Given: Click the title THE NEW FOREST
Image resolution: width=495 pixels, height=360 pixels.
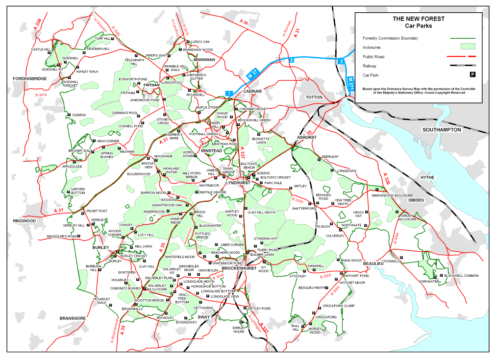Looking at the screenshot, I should click(419, 19).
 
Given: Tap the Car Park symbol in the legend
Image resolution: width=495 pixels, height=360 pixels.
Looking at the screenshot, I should click(472, 75).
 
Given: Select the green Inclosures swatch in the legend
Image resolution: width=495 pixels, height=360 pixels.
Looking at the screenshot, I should click(469, 47).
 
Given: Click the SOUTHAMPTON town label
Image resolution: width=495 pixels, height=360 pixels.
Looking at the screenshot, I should click(442, 130).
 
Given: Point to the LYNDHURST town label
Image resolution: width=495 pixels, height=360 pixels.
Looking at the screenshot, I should click(238, 183).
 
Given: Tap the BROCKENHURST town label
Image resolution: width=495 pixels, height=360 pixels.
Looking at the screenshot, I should click(239, 269).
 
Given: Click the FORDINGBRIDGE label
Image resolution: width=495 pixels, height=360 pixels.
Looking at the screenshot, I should click(30, 78).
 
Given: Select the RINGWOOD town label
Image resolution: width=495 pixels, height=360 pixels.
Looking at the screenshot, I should click(25, 221).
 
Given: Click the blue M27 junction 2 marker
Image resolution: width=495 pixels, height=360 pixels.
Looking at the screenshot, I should click(291, 60).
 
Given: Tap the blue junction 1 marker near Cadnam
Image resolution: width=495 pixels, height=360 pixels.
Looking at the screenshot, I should click(228, 93).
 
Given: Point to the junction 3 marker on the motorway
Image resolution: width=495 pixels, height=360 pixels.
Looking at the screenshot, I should click(341, 61).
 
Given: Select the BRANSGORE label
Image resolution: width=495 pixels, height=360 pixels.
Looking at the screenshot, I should click(73, 318).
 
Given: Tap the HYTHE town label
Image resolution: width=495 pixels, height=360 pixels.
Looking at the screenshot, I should click(427, 177).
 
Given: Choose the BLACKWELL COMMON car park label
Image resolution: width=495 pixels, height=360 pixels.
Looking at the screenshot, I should click(462, 276).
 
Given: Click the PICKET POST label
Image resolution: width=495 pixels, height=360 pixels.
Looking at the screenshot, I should click(97, 211).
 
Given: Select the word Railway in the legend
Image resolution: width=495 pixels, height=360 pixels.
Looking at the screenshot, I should click(370, 66).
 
